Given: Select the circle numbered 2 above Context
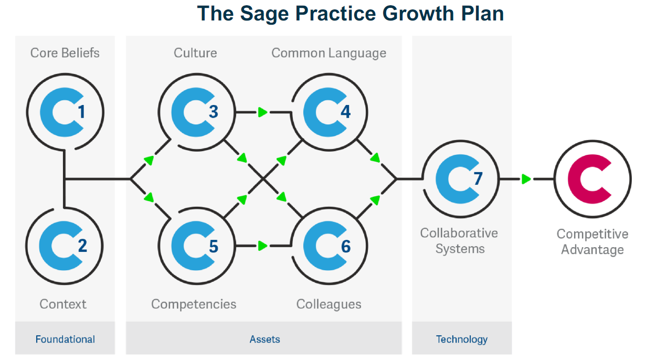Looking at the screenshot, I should coord(64,245).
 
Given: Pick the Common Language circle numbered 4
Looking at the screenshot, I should coord(329,111).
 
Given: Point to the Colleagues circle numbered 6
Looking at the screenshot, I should coord(329,245).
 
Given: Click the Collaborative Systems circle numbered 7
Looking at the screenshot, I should coord(460,178).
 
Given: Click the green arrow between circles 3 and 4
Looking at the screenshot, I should coord(262,112).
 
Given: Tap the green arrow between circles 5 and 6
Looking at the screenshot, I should coord(262,246).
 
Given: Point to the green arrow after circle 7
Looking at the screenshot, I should coord(526,179).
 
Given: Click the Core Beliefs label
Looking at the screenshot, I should coord(65,52).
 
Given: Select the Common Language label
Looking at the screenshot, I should coord(329,53).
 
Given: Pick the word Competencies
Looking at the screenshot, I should coord(194,304).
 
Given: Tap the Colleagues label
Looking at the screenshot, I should coord(329,304).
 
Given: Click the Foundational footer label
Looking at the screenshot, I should coord(65,339).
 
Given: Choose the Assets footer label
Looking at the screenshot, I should coord(264,339).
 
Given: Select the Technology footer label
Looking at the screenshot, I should coord(462,339).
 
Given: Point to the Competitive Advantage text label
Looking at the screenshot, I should coord(592,241).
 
